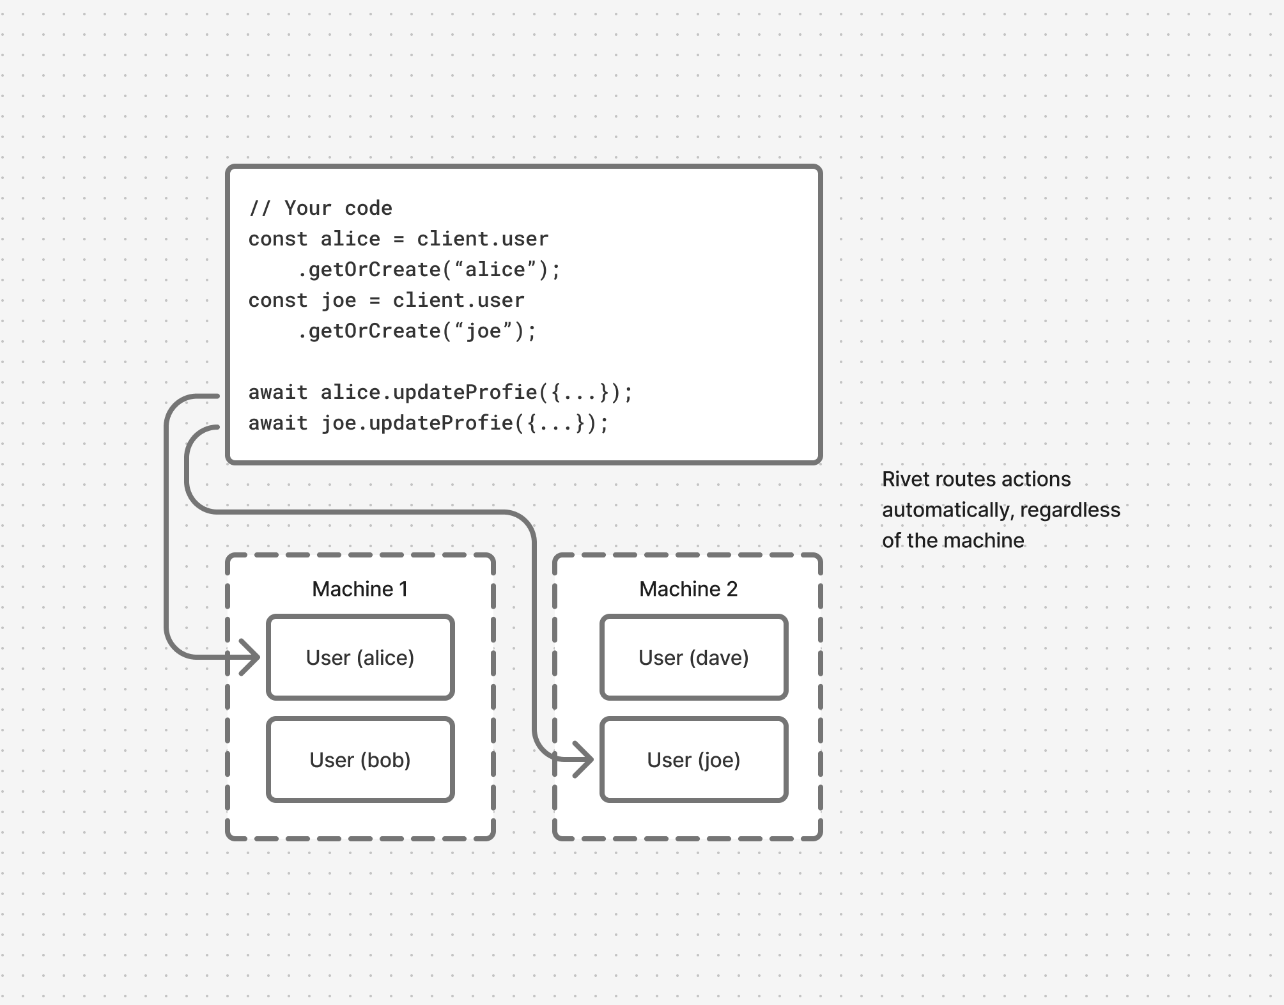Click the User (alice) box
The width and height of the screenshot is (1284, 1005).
click(x=360, y=657)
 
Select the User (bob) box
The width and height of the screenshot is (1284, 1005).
click(x=360, y=760)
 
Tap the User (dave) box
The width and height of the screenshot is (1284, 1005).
click(x=693, y=657)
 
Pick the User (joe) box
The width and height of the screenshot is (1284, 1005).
click(x=693, y=760)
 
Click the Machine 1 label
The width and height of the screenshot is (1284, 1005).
click(x=360, y=589)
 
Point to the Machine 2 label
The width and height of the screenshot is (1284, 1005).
click(x=688, y=589)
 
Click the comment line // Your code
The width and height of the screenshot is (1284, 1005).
click(x=320, y=208)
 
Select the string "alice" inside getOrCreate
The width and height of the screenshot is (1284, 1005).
click(x=495, y=270)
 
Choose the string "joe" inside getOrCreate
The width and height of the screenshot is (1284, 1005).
click(x=483, y=331)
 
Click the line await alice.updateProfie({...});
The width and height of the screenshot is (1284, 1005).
click(x=440, y=393)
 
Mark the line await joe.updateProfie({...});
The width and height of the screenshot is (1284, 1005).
click(x=428, y=423)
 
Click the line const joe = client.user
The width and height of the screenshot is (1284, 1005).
click(x=386, y=300)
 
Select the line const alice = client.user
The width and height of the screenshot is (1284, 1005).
click(x=398, y=239)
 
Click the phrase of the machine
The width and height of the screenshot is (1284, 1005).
click(x=953, y=540)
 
